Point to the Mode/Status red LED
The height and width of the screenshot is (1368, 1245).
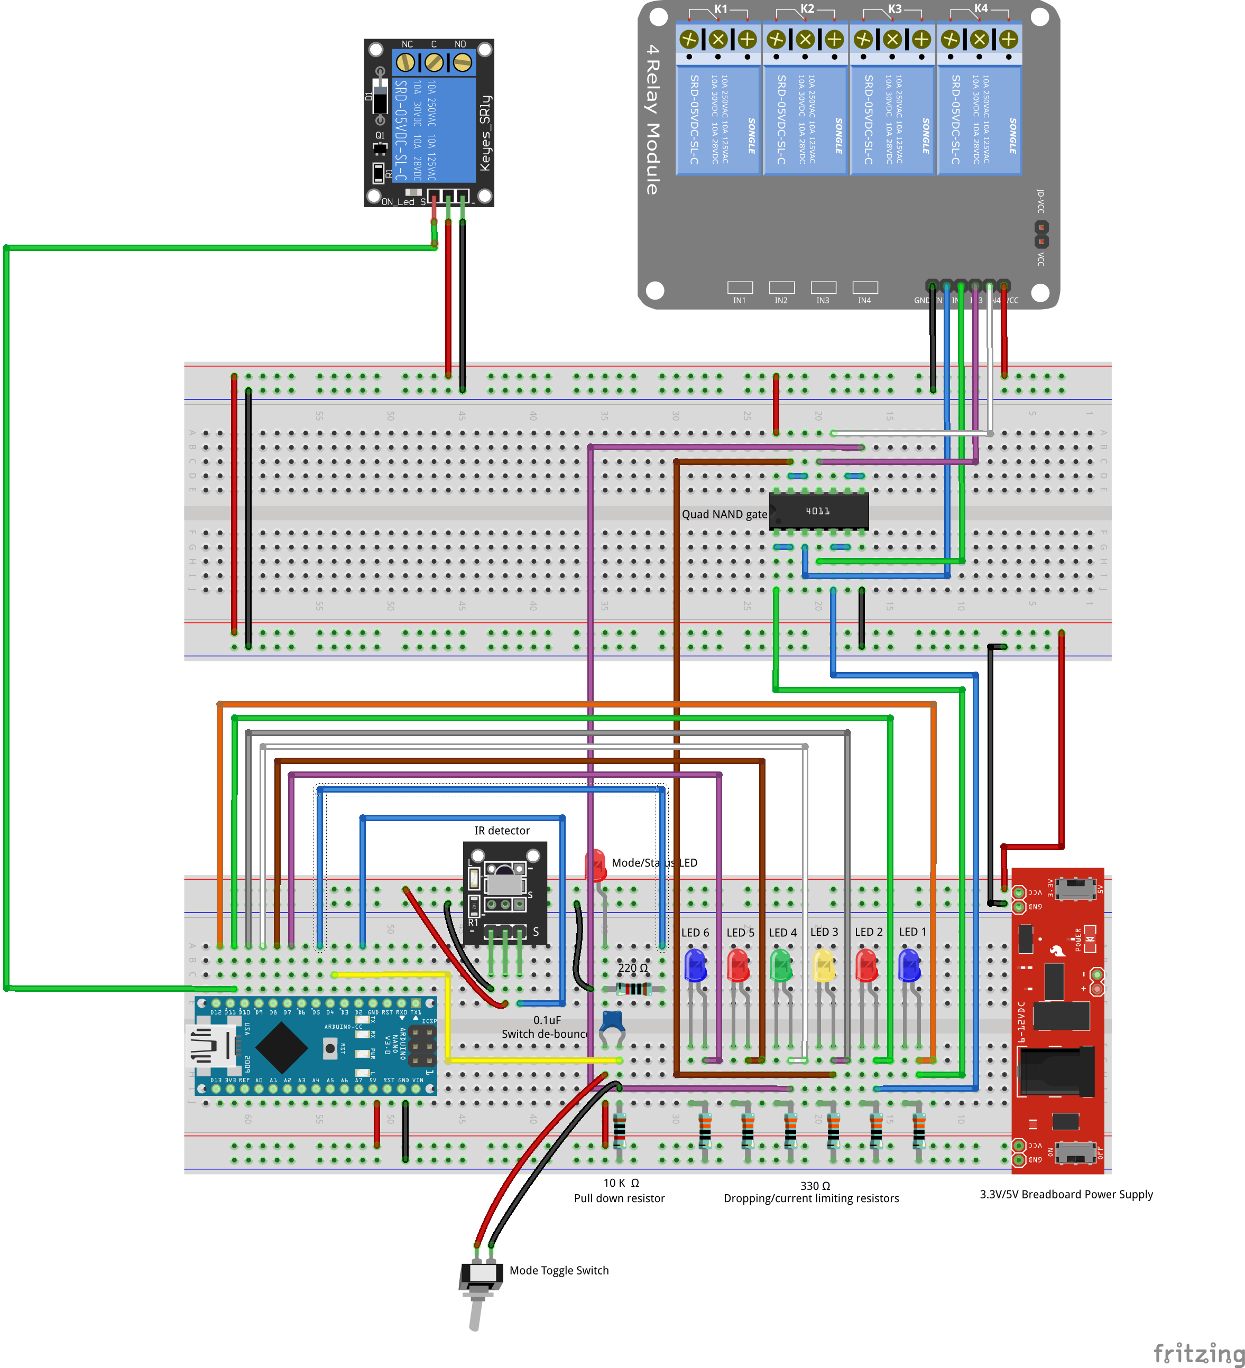[595, 865]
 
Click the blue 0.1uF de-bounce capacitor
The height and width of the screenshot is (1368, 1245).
[612, 1020]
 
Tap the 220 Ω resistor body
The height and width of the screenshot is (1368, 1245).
[633, 988]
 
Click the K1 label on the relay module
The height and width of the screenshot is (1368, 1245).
[720, 10]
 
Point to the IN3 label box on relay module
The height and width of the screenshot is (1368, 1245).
[823, 288]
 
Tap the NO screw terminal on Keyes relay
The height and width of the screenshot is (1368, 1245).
[462, 63]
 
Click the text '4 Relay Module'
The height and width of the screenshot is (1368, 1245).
[652, 119]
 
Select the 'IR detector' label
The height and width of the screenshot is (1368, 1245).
[502, 831]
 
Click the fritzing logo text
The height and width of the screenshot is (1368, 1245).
[1199, 1352]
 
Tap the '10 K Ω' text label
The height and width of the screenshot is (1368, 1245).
[621, 1183]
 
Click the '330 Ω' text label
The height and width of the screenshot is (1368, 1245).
[815, 1186]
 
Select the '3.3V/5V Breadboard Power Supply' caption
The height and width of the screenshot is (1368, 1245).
[1066, 1194]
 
